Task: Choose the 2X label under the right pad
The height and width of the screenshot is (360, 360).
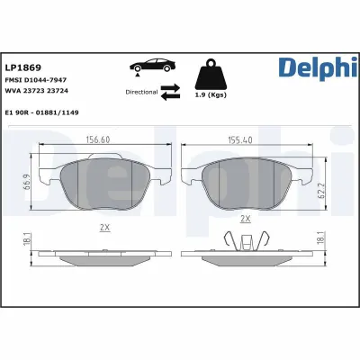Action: (x=243, y=219)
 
